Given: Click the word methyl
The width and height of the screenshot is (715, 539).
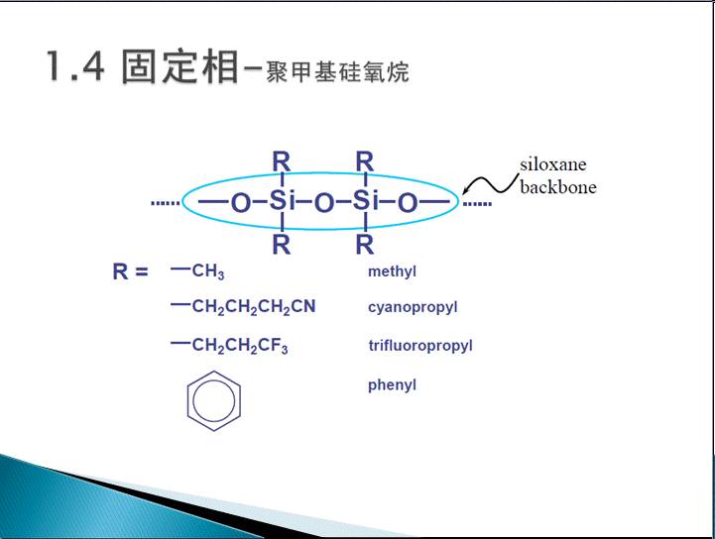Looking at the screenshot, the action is click(392, 272).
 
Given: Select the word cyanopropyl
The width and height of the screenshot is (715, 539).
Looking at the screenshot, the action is click(413, 307).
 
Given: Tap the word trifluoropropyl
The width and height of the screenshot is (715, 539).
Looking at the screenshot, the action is click(420, 346).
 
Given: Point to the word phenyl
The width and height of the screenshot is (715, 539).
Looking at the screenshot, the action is click(392, 385).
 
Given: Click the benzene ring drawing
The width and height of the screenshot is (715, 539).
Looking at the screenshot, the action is click(187, 401).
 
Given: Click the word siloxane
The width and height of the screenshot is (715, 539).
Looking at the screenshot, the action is click(553, 164).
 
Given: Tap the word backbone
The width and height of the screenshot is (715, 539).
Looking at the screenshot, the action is click(558, 187).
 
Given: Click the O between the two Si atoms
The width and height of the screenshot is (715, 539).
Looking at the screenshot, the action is click(324, 202).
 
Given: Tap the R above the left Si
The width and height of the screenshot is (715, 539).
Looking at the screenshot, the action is click(281, 162).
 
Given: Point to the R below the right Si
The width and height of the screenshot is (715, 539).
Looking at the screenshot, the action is click(365, 245).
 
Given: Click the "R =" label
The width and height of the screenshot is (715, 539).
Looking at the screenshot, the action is click(130, 272).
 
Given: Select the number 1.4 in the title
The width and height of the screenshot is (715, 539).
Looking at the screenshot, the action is click(75, 66).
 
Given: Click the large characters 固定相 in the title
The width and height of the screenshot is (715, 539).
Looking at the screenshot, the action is click(179, 66).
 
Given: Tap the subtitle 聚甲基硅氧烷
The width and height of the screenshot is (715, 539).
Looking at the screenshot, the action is click(337, 72).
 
